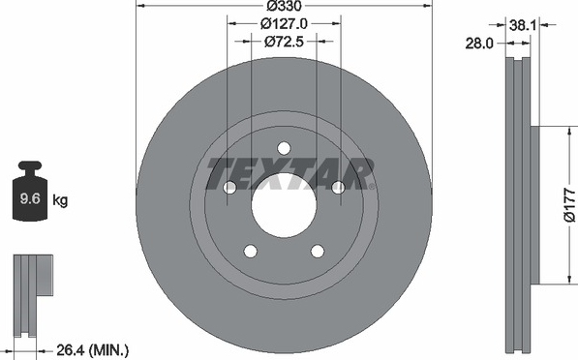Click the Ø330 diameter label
[284, 6]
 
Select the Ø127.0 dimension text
[284, 24]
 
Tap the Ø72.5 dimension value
[284, 42]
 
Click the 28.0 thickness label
[479, 44]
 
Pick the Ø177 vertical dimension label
[569, 205]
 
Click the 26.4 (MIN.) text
[93, 349]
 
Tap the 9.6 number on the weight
[30, 199]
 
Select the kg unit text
[60, 201]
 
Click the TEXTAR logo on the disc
[289, 174]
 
